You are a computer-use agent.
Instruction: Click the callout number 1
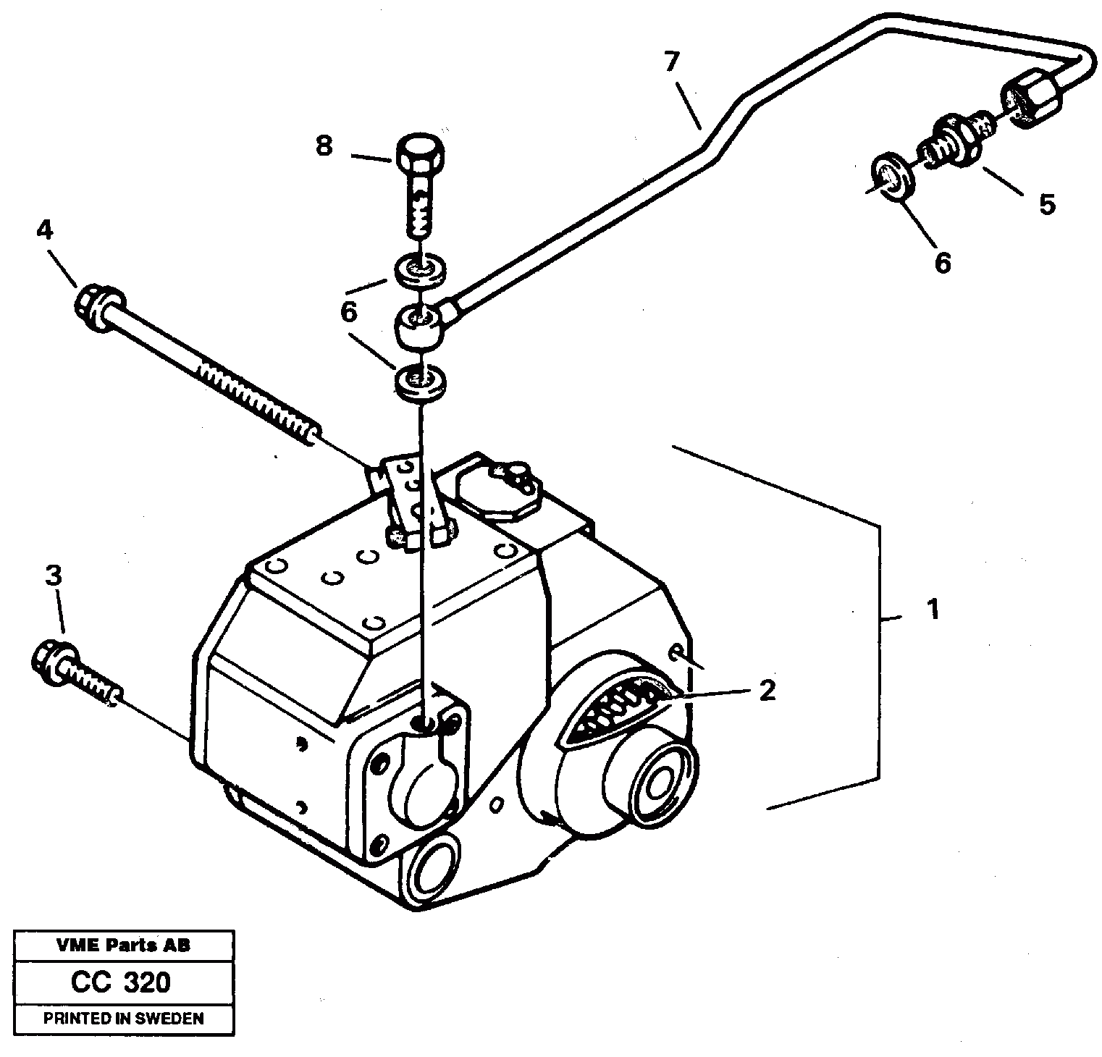coord(934,609)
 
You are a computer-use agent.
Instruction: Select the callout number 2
coord(767,690)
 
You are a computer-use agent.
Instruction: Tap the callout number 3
coord(54,576)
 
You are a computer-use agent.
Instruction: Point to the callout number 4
coord(44,230)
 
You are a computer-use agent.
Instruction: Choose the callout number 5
coord(1046,205)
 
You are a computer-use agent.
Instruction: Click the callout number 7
coord(671,62)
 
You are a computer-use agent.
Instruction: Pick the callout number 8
coord(324,146)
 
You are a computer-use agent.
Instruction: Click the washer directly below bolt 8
coord(421,269)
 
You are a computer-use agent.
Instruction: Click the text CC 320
coord(121,982)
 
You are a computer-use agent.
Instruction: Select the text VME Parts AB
coord(122,945)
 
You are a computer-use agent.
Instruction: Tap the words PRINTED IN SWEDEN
coord(123,1018)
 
